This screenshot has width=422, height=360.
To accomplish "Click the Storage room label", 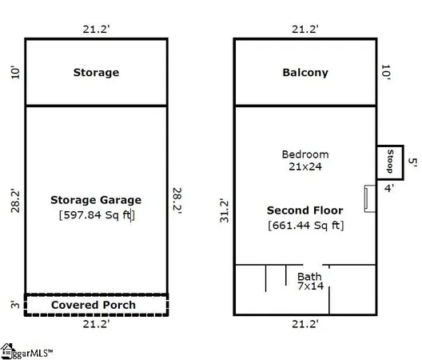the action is pos(96,73).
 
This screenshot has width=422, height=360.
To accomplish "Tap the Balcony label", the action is pos(305,73).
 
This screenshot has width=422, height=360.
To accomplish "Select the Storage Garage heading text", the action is pos(96,200).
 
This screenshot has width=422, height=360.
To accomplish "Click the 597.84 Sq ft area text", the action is pos(97,215).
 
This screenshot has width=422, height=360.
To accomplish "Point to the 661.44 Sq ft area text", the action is pos(306,226).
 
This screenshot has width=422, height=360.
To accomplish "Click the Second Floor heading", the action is pos(305,210).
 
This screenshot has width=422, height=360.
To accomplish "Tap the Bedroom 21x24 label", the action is pos(305,160).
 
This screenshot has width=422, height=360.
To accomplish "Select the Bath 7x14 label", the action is pos(310,281).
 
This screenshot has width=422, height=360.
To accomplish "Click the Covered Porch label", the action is pos(94,305).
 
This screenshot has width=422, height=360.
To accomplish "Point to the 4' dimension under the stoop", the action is pos(389,188).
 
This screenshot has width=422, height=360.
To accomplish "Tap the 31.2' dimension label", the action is pos(224,210).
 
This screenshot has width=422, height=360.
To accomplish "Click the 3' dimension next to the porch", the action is pos(15,305).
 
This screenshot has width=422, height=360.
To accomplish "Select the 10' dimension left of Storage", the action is pos(15,72).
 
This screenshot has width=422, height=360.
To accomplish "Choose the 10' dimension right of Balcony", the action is pos(386,72).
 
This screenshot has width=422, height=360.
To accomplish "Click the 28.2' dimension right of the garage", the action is pos(177,201).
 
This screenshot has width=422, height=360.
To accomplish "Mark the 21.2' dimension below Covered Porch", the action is pos(96,324).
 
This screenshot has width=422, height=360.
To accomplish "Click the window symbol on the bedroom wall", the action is pos(370,198).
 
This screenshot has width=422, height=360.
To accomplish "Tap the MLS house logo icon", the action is pos(6,351).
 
